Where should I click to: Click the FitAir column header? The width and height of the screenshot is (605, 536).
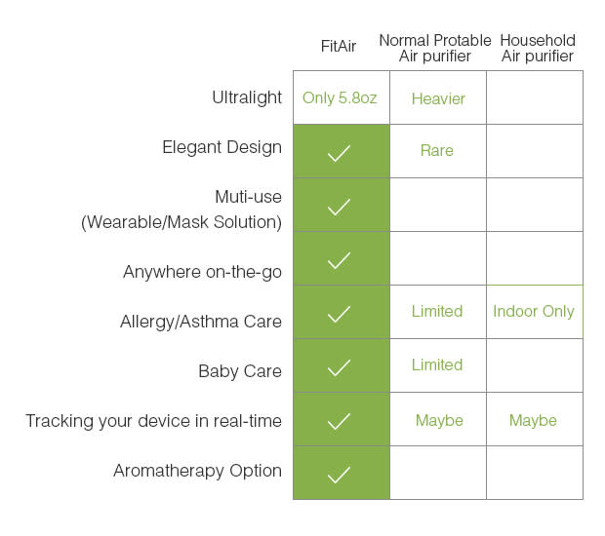(x=339, y=46)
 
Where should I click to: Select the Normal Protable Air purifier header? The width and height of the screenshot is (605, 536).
(x=435, y=48)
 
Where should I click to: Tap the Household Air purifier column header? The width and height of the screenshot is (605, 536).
(x=538, y=48)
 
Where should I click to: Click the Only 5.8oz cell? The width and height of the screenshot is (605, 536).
(x=340, y=97)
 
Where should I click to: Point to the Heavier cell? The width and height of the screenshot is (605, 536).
(x=438, y=98)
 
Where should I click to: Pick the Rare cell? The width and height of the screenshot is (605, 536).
(x=437, y=150)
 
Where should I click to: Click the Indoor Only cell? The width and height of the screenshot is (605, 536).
(x=534, y=311)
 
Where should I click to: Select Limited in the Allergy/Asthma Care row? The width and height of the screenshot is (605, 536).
(x=437, y=311)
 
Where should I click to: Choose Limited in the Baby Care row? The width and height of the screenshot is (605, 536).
(x=437, y=364)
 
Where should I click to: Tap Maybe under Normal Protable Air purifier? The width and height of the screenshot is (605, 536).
(x=439, y=420)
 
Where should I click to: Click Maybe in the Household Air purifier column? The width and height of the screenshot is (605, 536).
(x=533, y=420)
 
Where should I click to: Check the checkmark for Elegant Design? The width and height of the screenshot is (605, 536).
(x=339, y=153)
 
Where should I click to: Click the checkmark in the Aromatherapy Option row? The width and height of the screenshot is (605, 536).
(x=339, y=475)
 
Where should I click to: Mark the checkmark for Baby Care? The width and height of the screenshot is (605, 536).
(x=339, y=367)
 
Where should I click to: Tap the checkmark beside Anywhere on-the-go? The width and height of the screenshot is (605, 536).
(x=339, y=260)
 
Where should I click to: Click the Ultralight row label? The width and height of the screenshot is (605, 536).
(x=247, y=97)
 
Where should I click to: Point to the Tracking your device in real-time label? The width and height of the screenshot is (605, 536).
(x=153, y=421)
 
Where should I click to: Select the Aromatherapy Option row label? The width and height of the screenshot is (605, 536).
(x=197, y=471)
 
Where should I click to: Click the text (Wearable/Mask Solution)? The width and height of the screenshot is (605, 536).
(x=181, y=222)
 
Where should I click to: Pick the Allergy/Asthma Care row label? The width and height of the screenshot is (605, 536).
(x=201, y=322)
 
